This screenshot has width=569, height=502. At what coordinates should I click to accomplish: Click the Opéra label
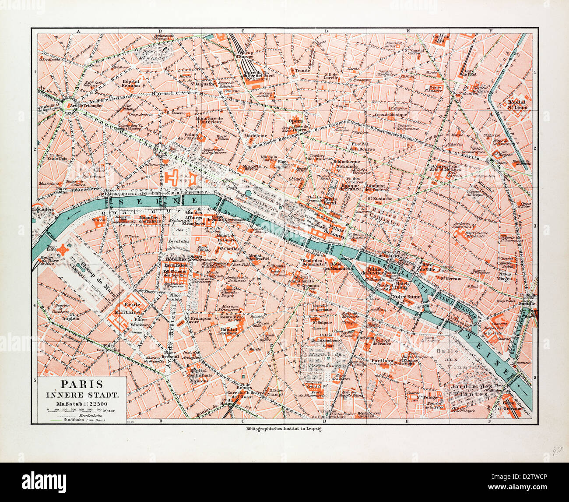click(x=296, y=120)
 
